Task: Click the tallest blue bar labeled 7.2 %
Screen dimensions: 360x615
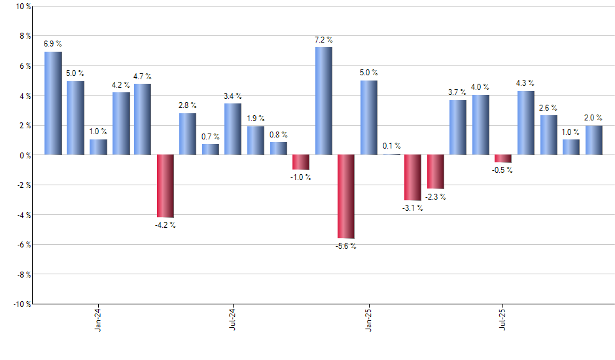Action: (323, 101)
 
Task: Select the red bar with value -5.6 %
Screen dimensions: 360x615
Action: (345, 196)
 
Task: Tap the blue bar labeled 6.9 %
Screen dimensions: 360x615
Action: (53, 103)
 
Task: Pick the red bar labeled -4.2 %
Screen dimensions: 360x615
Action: (166, 186)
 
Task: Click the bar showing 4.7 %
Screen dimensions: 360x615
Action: (143, 119)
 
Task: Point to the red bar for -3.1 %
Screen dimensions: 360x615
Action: (413, 177)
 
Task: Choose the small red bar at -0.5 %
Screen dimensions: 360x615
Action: (503, 158)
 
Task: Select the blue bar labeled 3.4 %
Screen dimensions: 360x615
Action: (233, 129)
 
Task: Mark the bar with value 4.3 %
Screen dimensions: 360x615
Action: (525, 122)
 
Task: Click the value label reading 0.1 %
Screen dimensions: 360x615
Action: (391, 146)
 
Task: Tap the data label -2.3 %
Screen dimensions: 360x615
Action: (435, 197)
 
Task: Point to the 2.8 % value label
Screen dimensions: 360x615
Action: (188, 105)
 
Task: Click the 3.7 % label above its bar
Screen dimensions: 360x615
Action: (458, 92)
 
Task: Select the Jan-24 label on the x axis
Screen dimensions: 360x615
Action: (98, 321)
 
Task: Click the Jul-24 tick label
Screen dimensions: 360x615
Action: (233, 321)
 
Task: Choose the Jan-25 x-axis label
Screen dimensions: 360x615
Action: (368, 321)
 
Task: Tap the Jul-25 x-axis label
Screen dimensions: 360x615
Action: (503, 321)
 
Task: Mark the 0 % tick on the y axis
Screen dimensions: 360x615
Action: (25, 155)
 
